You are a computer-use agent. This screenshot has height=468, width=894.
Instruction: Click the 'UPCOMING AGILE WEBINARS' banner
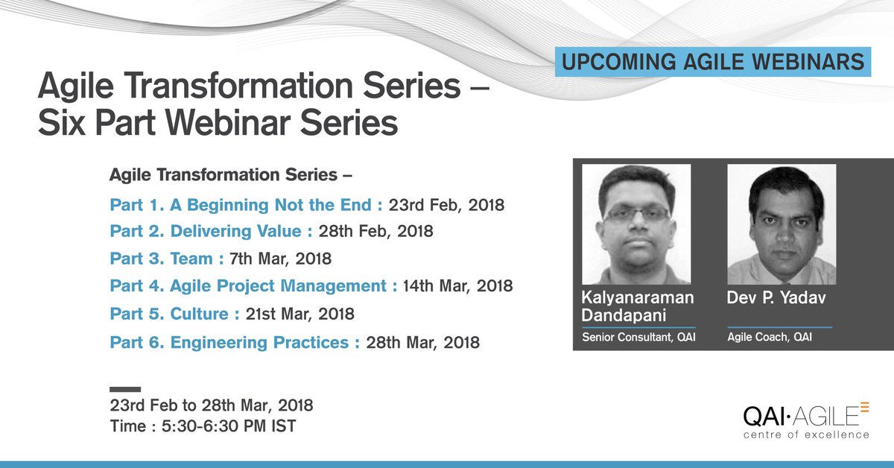click(x=713, y=62)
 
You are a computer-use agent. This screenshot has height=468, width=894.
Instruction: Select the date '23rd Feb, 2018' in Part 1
click(x=446, y=205)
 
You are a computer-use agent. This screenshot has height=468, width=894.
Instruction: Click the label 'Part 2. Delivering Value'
click(x=211, y=232)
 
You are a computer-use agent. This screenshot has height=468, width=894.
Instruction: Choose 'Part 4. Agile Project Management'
click(x=253, y=286)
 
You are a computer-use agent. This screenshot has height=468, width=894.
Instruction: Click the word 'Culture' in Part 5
click(x=199, y=314)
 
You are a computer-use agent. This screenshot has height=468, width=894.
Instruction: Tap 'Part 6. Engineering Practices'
click(x=235, y=343)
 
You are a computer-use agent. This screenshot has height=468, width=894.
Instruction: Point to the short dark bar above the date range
click(x=124, y=389)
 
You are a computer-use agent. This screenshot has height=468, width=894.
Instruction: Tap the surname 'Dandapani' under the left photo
click(x=625, y=315)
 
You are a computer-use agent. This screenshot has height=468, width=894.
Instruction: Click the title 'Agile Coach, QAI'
click(x=770, y=338)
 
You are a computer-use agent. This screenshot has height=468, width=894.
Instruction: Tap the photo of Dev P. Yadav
click(x=781, y=224)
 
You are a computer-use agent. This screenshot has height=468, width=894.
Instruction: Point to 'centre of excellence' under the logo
click(x=805, y=434)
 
